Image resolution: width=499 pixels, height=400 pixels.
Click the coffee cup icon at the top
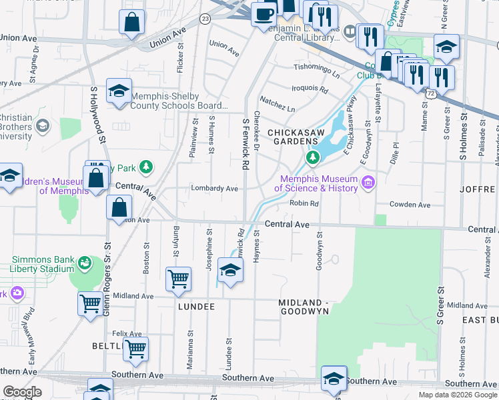tap(264, 13)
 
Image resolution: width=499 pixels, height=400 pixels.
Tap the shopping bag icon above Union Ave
tap(132, 22)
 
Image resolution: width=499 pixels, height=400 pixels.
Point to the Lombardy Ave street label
tap(214, 189)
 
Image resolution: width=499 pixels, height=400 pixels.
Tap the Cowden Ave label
tap(410, 205)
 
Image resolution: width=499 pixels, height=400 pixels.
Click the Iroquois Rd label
tap(310, 89)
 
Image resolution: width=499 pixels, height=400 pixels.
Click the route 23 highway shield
tap(204, 18)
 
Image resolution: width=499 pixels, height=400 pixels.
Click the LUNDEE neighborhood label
tap(196, 306)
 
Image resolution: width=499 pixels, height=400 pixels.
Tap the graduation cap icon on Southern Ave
tap(333, 378)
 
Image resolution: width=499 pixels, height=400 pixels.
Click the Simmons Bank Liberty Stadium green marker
tap(84, 263)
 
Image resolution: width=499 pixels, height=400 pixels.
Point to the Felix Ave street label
tap(127, 333)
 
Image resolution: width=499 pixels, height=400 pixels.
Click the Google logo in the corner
tap(21, 392)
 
